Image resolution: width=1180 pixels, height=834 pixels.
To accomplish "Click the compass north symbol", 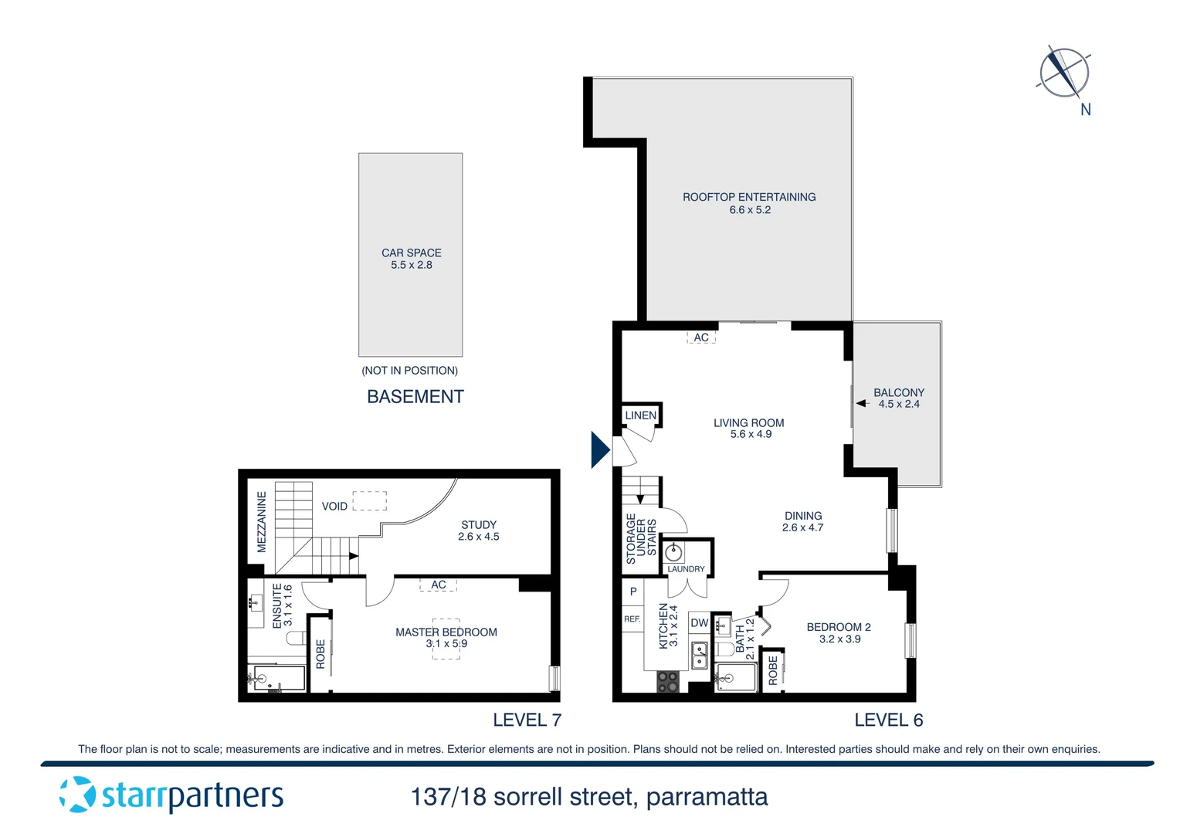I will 1064,72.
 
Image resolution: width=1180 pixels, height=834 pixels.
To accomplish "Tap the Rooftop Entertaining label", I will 749,197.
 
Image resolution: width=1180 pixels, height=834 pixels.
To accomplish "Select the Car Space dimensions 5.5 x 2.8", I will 411,265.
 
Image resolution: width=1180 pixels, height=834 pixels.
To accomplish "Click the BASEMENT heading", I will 415,397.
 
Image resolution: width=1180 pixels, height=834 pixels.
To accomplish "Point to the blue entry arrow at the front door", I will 599,449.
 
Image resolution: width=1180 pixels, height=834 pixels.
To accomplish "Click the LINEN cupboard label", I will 640,415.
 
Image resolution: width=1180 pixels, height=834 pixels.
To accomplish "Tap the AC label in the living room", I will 701,337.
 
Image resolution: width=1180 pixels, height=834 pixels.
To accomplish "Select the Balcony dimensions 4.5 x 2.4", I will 899,404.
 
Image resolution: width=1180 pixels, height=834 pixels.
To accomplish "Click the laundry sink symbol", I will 674,552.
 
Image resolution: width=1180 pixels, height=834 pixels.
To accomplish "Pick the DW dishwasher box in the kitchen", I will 700,623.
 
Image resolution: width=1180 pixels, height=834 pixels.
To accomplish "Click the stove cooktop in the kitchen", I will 667,682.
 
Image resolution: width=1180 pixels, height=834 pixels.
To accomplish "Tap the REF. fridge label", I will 632,619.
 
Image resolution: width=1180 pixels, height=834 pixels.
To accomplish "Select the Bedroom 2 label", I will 839,627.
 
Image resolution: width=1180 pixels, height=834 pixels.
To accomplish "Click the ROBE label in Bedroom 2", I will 773,670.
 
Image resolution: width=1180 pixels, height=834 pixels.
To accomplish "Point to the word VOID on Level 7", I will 334,507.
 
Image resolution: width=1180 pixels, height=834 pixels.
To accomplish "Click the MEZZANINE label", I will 262,522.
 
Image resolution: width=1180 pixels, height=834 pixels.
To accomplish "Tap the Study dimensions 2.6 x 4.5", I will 479,537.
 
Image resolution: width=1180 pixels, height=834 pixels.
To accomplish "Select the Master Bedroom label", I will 446,632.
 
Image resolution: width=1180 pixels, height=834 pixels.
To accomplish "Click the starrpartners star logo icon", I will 77,795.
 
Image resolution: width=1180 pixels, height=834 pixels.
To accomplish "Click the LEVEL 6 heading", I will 888,720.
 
